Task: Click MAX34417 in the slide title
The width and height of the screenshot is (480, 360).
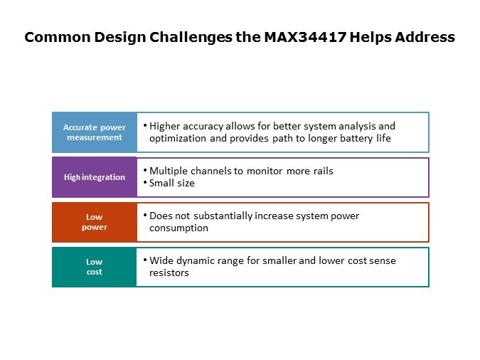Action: click(305, 37)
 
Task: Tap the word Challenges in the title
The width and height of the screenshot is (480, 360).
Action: click(191, 38)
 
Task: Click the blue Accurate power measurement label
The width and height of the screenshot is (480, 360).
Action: click(95, 132)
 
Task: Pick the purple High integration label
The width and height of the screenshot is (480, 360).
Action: click(95, 177)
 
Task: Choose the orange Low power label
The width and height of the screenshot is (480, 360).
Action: click(95, 222)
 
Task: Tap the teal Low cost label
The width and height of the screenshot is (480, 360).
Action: click(95, 267)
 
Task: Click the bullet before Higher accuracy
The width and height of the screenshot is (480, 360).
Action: click(145, 125)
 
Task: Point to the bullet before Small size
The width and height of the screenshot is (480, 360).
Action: click(145, 182)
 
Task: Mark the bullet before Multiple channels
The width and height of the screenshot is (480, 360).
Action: click(145, 170)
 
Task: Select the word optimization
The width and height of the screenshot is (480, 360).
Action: click(178, 139)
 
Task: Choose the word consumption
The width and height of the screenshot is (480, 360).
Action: click(178, 228)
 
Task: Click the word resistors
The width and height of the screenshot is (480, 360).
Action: click(169, 273)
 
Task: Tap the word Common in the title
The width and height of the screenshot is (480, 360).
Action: click(58, 37)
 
